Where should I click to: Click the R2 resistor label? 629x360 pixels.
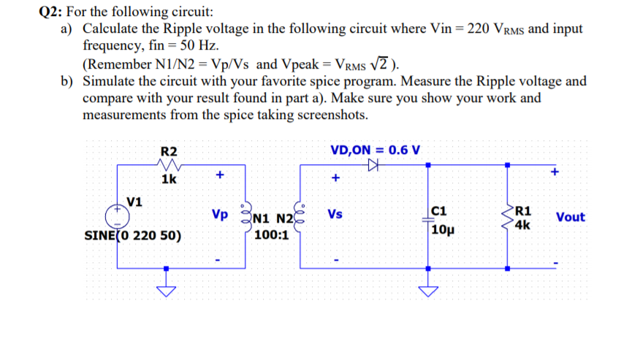[169, 151]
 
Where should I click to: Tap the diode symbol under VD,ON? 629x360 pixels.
[375, 166]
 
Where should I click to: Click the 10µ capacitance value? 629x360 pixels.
[444, 231]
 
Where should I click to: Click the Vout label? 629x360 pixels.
[570, 217]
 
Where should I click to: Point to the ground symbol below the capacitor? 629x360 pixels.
[428, 291]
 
